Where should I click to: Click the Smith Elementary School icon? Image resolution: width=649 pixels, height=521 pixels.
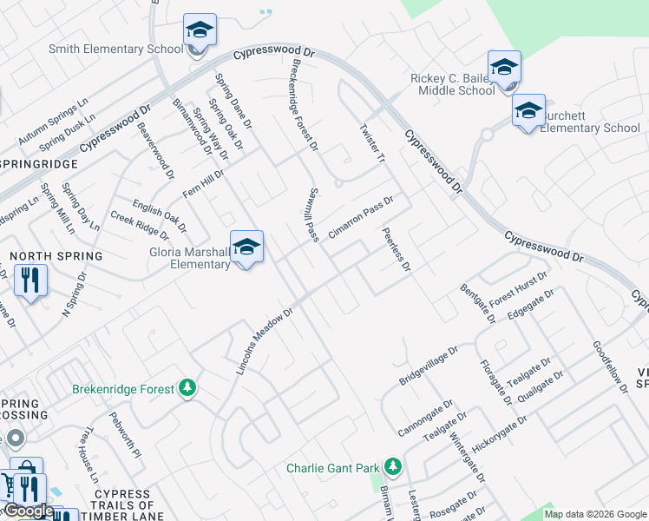[200, 32]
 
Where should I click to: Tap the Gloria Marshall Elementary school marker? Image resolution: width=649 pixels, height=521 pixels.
[246, 247]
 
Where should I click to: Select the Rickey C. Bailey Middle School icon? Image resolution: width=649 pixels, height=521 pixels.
[504, 68]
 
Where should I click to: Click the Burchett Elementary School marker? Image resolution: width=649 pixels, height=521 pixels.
[528, 111]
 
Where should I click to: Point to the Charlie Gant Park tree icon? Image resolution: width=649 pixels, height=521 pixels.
[393, 467]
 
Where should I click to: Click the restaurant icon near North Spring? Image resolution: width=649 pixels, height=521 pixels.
[31, 280]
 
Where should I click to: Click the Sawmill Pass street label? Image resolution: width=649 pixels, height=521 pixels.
[313, 214]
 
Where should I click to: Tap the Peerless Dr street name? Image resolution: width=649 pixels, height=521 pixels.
[396, 251]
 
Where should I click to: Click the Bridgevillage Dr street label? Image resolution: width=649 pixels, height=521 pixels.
[428, 367]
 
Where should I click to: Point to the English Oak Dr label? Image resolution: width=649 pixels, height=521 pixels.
[159, 217]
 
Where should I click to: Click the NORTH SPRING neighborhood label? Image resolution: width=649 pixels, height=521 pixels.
[56, 256]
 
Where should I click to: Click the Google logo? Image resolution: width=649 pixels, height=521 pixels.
[29, 511]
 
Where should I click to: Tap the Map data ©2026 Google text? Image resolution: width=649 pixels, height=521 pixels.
[595, 514]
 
